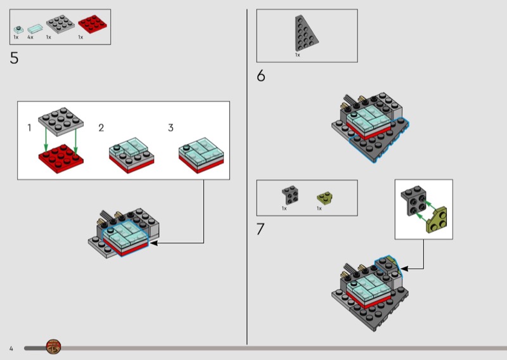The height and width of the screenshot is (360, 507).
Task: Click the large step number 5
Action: (x=14, y=58)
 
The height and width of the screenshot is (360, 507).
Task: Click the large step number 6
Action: (x=261, y=75)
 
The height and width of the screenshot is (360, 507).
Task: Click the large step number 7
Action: (x=260, y=229)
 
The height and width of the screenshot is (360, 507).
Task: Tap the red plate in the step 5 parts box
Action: (x=93, y=24)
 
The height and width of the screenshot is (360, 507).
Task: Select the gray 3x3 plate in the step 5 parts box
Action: (x=60, y=24)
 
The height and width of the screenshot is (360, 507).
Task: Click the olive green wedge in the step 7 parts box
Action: (x=324, y=198)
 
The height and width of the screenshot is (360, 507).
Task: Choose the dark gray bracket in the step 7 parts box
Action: (x=290, y=195)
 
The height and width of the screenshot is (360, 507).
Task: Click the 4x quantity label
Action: (x=30, y=37)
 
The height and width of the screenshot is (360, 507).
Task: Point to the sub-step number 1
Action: (x=29, y=128)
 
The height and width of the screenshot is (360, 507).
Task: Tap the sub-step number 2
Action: (x=101, y=128)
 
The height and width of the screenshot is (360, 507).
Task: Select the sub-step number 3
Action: (x=170, y=128)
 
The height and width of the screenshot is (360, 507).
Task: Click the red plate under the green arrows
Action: (x=61, y=158)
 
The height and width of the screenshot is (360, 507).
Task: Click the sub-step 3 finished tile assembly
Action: (x=201, y=155)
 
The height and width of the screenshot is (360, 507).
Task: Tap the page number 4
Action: (x=11, y=349)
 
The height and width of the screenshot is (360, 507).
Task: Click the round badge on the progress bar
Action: (x=53, y=347)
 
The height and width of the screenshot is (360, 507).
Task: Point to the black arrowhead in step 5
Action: (x=153, y=243)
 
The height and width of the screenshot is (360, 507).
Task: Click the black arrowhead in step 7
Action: (x=404, y=269)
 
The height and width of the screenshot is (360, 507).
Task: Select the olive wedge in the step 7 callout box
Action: (x=437, y=221)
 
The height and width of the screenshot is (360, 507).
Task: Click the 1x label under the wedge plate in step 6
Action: (x=297, y=55)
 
